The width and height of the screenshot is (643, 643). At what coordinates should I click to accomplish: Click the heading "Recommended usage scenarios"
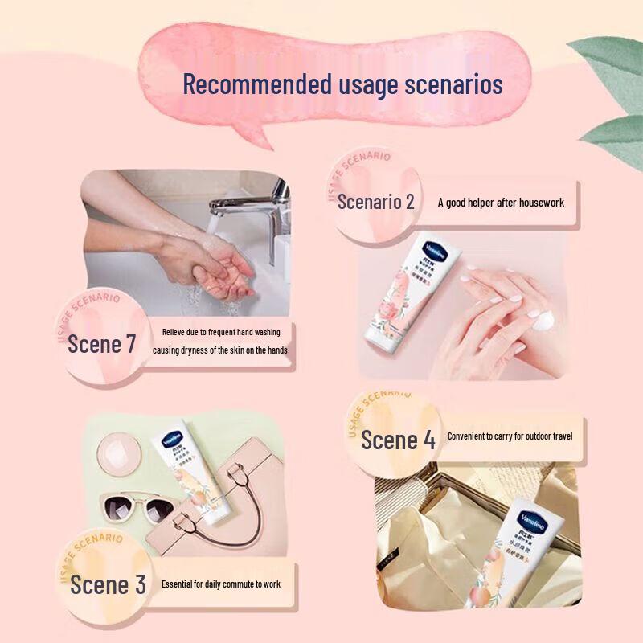point(342,84)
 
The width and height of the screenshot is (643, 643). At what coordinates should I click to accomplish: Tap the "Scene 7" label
point(101,344)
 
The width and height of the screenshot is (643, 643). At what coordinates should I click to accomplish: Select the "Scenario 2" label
point(375,202)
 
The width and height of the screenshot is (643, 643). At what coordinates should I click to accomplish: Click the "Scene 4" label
point(398,440)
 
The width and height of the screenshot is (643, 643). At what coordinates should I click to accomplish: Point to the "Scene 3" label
point(108,584)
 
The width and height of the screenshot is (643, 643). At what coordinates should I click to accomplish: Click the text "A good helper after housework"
point(501,203)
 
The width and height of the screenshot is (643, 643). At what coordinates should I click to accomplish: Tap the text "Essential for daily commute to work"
point(221,584)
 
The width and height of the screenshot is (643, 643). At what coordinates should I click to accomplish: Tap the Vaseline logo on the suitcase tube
point(533,516)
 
